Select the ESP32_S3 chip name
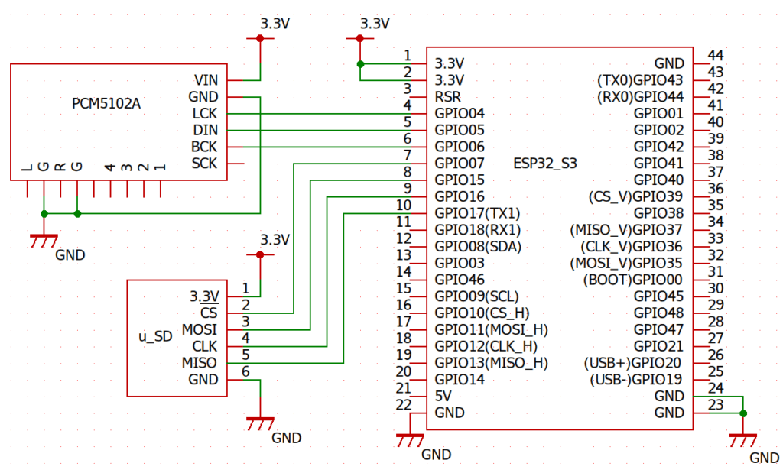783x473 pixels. (x=545, y=164)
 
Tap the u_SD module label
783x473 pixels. (x=155, y=337)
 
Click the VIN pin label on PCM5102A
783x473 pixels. (x=206, y=80)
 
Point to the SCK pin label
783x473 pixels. (x=204, y=164)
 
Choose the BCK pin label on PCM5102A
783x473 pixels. (x=204, y=147)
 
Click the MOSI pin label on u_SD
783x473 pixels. (x=199, y=330)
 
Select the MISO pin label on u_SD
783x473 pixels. (x=199, y=363)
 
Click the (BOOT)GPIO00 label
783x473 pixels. (x=633, y=280)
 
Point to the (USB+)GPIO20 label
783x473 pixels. (x=634, y=363)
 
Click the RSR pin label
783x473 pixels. (x=447, y=97)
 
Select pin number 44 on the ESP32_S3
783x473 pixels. (x=716, y=56)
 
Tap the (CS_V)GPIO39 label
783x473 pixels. (x=635, y=196)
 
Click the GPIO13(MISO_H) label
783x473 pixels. (x=491, y=363)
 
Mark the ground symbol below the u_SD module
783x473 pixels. (x=261, y=422)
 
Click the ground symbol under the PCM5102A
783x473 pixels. (x=44, y=240)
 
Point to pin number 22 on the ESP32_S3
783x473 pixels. (x=404, y=404)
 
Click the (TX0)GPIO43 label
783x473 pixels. (x=640, y=80)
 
